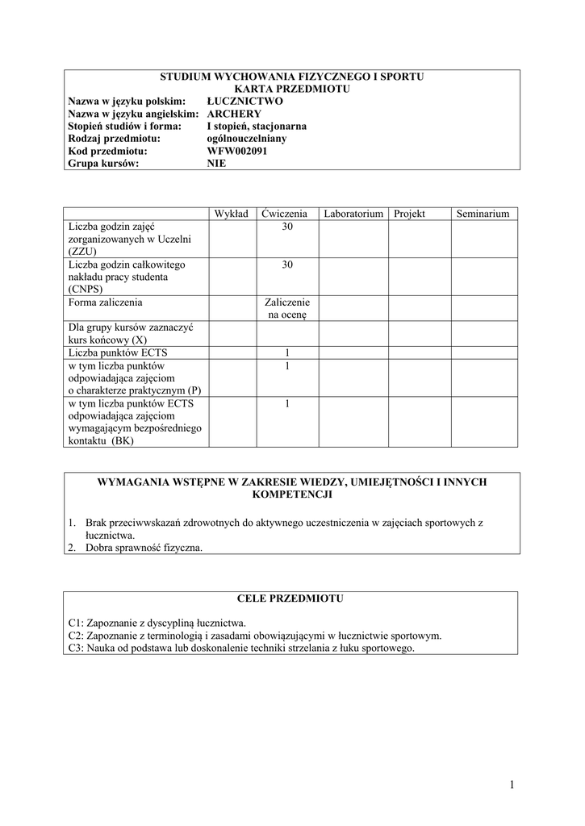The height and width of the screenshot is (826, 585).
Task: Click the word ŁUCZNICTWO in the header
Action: point(244,102)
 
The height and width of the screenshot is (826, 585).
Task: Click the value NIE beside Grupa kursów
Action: point(216,162)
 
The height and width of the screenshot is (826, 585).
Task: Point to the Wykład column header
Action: point(231,214)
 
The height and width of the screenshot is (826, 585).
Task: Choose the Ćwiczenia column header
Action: point(285,214)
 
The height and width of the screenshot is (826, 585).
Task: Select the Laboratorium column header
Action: point(353,214)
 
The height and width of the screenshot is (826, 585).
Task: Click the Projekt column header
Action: point(409,214)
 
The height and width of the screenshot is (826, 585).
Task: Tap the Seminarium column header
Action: point(483,214)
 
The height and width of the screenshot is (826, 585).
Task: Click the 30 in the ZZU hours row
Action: point(286,227)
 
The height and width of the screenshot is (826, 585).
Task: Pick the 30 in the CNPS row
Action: point(286,265)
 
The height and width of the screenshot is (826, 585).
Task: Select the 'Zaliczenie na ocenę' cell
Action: point(286,309)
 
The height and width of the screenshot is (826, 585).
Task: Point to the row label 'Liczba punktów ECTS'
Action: point(119,352)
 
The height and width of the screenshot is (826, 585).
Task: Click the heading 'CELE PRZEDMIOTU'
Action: point(291,599)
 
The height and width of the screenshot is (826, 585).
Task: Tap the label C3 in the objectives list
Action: point(76,648)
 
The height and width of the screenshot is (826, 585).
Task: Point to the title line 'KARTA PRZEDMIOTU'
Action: point(292,89)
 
